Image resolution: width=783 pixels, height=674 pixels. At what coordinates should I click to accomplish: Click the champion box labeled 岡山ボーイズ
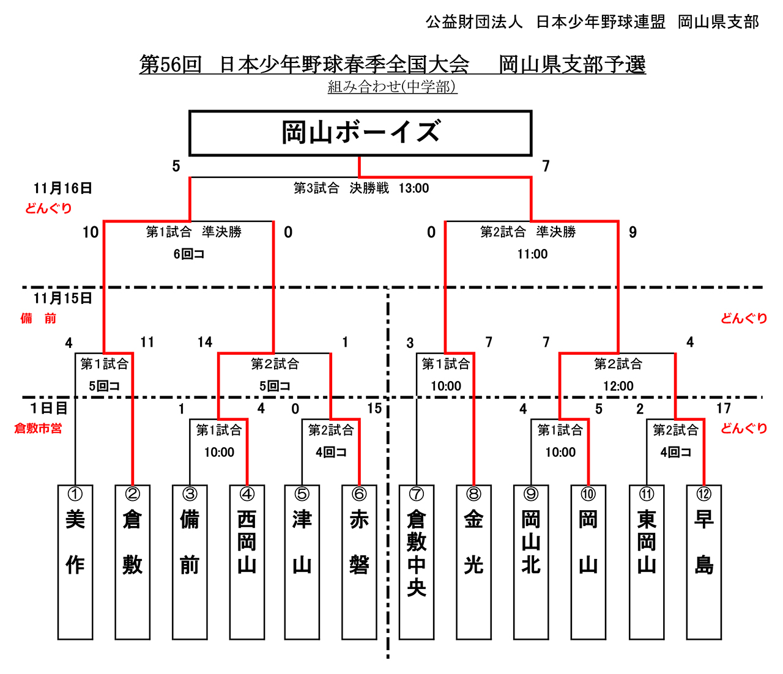[x=360, y=133]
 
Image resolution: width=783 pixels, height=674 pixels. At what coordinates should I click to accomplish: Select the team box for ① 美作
[x=75, y=561]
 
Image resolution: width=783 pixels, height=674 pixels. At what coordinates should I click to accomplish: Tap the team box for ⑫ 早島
[x=704, y=561]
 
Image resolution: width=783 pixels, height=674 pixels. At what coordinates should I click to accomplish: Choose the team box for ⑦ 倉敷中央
[x=417, y=561]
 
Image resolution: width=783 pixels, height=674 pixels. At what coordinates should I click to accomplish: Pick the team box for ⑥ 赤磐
[x=359, y=561]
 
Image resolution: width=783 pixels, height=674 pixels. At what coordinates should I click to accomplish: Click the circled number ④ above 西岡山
[x=247, y=494]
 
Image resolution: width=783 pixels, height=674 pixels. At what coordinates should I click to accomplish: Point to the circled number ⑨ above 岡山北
[x=531, y=494]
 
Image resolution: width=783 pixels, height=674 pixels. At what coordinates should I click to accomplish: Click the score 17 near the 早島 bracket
[x=724, y=408]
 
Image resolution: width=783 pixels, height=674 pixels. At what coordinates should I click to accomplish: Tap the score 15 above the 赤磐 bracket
[x=374, y=408]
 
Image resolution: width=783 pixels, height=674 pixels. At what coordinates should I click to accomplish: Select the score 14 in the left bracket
[x=205, y=342]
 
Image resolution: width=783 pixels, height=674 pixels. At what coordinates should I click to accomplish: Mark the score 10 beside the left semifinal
[x=91, y=232]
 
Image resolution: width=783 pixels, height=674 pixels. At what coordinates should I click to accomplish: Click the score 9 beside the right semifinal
[x=633, y=232]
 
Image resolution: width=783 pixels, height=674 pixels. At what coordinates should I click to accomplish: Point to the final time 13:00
[x=414, y=188]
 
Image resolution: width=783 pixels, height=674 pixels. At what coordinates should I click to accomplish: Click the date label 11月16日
[x=62, y=188]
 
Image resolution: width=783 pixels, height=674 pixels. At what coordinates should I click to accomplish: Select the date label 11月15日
[x=62, y=298]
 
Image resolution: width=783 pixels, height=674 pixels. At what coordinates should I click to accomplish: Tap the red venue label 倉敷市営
[x=38, y=429]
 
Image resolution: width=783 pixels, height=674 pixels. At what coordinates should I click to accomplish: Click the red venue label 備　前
[x=38, y=319]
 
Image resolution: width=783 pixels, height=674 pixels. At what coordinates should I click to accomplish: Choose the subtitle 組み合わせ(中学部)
[x=392, y=87]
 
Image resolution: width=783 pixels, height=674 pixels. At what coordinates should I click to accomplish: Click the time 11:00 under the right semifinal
[x=532, y=254]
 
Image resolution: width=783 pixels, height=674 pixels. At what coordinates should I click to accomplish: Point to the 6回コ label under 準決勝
[x=188, y=254]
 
